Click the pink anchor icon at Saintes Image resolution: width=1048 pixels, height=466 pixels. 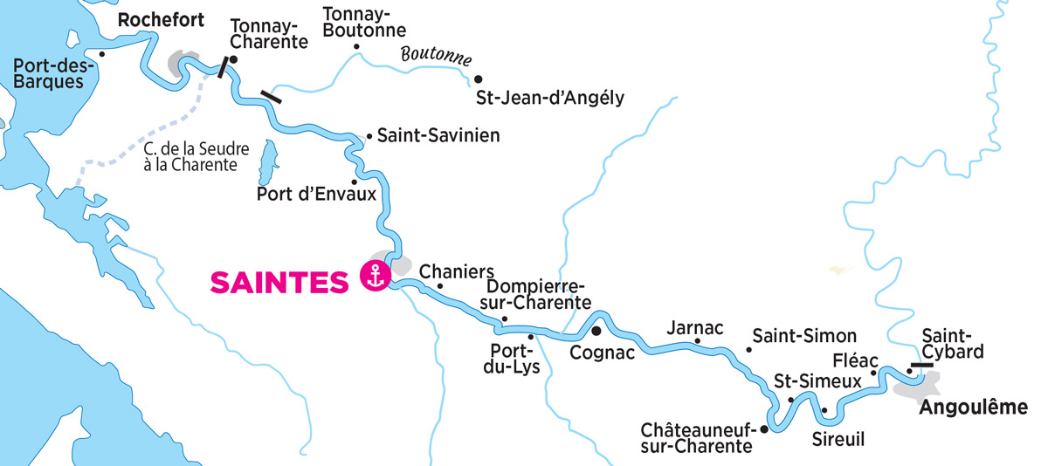[x=376, y=278]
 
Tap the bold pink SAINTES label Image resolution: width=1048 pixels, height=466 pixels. [x=280, y=281]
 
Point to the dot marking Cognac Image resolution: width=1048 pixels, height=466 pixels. [x=596, y=332]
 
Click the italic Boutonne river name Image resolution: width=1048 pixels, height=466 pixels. [x=436, y=57]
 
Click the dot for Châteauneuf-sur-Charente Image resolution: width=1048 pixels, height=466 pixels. [x=764, y=429]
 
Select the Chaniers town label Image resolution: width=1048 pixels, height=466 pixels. [x=457, y=271]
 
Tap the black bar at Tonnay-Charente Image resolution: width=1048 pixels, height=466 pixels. [x=224, y=67]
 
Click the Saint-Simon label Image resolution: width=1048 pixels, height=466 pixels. [x=804, y=336]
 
